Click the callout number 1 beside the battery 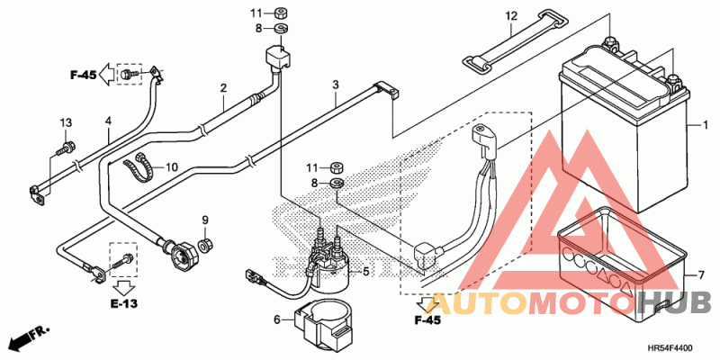point(705,125)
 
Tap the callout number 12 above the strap point(511,16)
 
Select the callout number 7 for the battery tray point(701,275)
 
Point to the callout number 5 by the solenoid point(366,272)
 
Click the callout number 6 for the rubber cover point(277,319)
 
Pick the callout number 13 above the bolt point(66,122)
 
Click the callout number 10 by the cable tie point(171,167)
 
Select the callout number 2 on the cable point(223,87)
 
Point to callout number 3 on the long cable point(336,85)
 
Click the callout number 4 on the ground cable point(108,121)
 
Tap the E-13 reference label point(123,303)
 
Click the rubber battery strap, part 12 point(515,41)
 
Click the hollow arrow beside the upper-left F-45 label point(107,75)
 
